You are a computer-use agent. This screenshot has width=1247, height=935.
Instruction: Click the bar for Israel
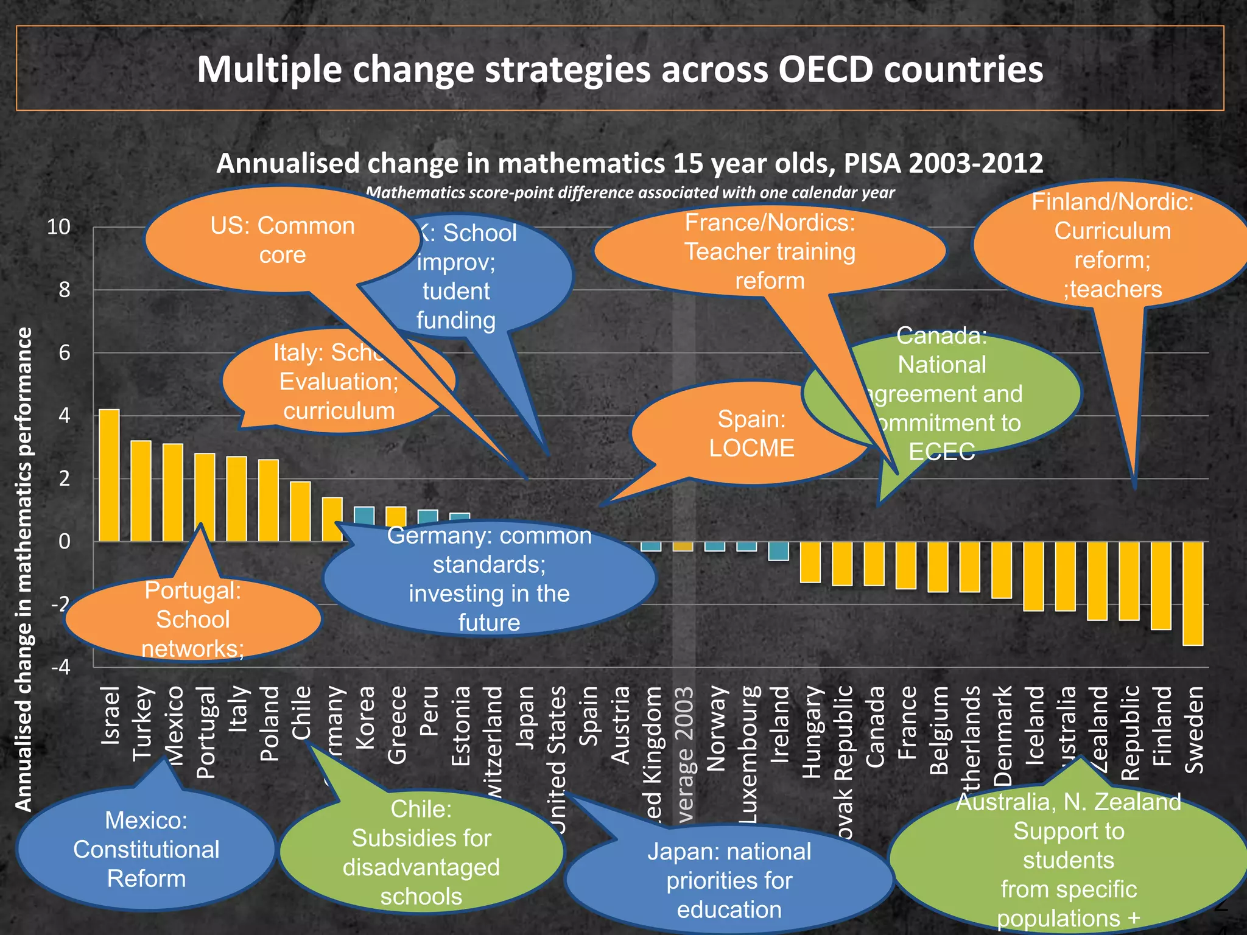[x=110, y=475]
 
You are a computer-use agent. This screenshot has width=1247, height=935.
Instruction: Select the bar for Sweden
[x=1192, y=593]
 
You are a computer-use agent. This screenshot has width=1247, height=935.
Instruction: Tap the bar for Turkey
[x=141, y=491]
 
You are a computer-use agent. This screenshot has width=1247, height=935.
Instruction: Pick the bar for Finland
[x=1161, y=585]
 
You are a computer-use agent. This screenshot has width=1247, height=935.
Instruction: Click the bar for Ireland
[x=779, y=551]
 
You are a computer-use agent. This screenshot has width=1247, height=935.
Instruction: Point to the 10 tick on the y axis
[x=59, y=228]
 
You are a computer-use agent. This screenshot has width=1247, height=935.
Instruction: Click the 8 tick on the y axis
[x=65, y=290]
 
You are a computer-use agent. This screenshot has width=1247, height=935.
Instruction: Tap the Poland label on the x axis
[x=269, y=724]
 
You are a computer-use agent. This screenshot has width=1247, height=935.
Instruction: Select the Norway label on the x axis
[x=715, y=728]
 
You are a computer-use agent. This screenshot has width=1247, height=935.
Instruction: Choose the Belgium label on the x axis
[x=939, y=730]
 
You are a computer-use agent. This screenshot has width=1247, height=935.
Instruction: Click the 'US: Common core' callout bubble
[x=282, y=240]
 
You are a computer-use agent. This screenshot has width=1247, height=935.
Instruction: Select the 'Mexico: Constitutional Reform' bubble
[x=146, y=850]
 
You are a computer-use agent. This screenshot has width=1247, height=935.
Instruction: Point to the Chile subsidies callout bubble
[x=421, y=852]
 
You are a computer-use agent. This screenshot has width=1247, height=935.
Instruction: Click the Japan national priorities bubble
[x=729, y=880]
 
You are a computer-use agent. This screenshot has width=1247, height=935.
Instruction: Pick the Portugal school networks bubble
[x=192, y=620]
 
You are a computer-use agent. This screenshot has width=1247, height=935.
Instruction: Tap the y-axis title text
[x=24, y=569]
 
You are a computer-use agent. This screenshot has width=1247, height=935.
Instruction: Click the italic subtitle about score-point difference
[x=630, y=193]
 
